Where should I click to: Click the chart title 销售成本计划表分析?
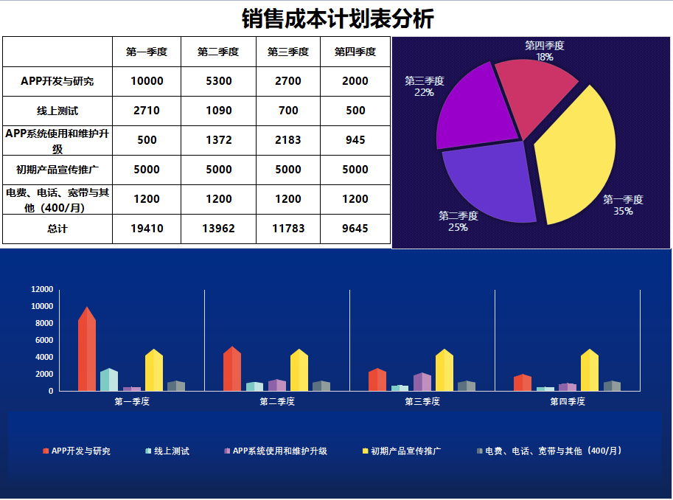pyautogui.click(x=337, y=18)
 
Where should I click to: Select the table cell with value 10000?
pyautogui.click(x=147, y=81)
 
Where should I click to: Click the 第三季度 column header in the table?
pyautogui.click(x=288, y=52)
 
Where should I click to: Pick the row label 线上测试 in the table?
pyautogui.click(x=57, y=111)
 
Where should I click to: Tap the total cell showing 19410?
pyautogui.click(x=147, y=229)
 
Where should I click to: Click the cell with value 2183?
pyautogui.click(x=288, y=140)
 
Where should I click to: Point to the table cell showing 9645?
pyautogui.click(x=355, y=229)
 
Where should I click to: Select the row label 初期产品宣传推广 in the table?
pyautogui.click(x=57, y=170)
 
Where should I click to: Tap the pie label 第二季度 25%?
pyautogui.click(x=458, y=221)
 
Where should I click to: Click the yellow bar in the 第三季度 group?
pyautogui.click(x=444, y=371)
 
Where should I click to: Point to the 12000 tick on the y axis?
pyautogui.click(x=42, y=289)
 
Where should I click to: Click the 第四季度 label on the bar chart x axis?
pyautogui.click(x=568, y=402)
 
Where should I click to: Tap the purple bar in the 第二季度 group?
pyautogui.click(x=276, y=385)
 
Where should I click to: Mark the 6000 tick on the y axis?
pyautogui.click(x=44, y=340)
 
